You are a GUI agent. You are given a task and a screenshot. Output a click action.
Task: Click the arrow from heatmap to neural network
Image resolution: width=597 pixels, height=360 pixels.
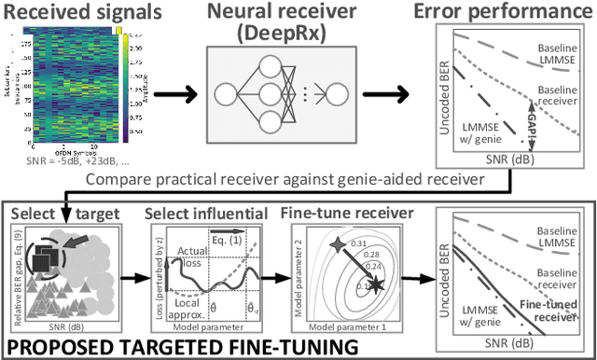tap(186, 92)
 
